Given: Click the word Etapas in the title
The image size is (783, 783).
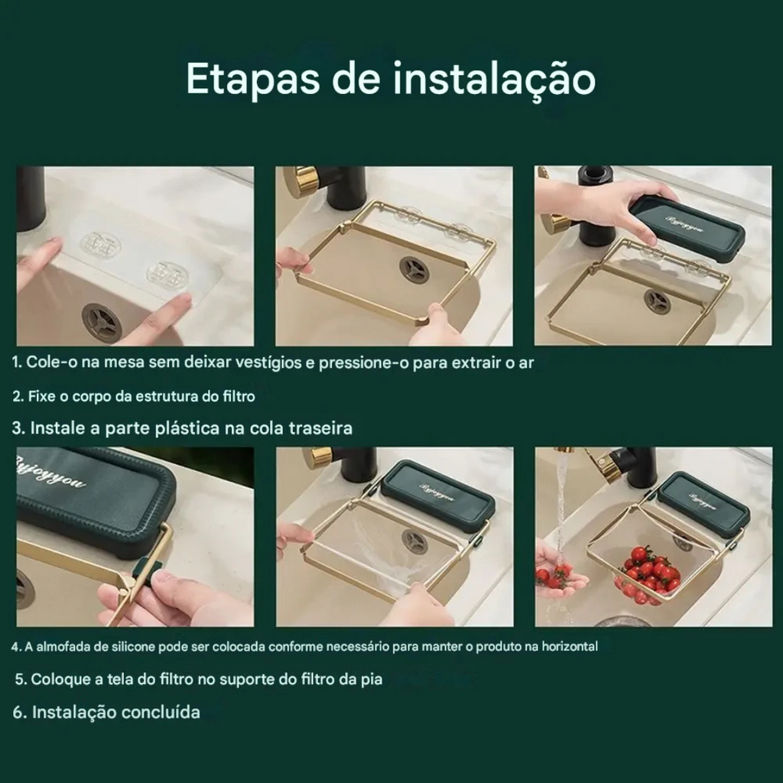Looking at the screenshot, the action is pyautogui.click(x=252, y=79).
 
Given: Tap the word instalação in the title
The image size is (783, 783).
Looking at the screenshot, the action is pyautogui.click(x=495, y=79).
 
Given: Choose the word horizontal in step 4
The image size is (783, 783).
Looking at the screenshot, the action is pyautogui.click(x=570, y=647).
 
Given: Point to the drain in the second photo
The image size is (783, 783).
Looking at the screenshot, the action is pyautogui.click(x=414, y=270).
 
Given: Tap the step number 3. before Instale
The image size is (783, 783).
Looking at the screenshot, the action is pyautogui.click(x=18, y=428).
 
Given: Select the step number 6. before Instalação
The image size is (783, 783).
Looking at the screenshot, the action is pyautogui.click(x=20, y=712).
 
